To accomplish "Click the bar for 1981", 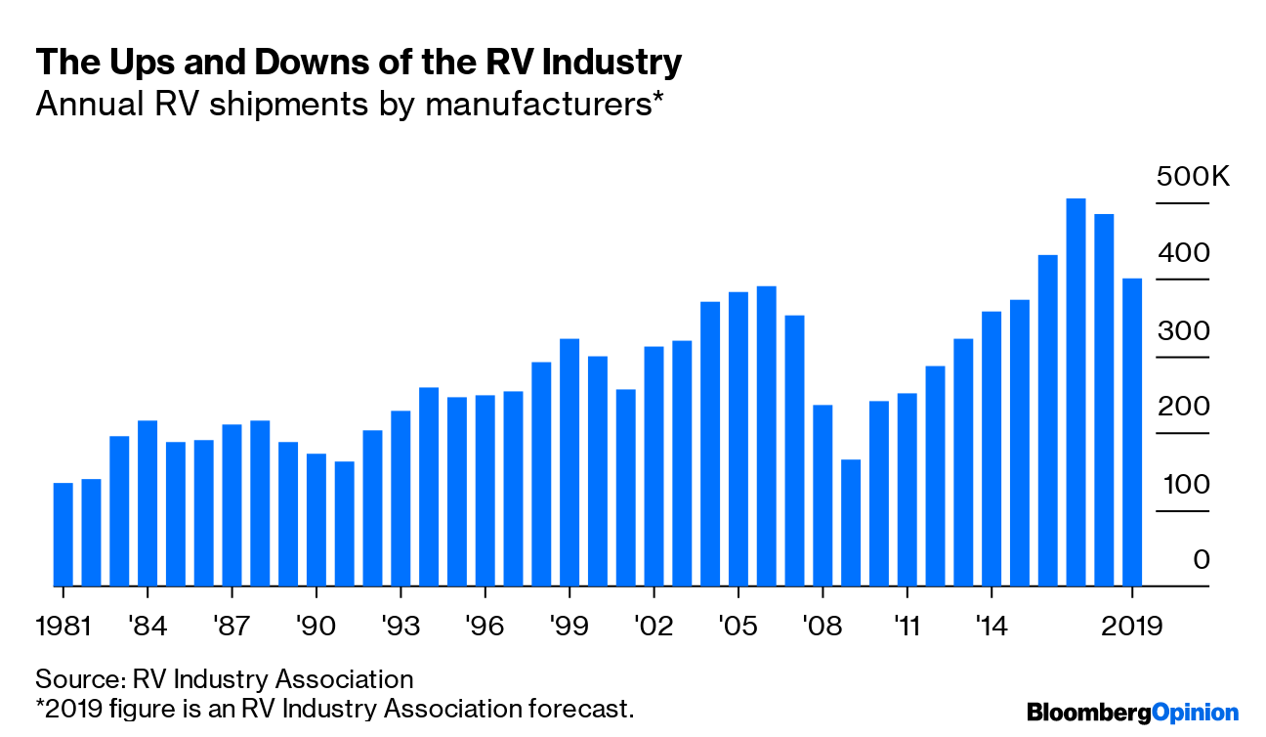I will pos(63,535).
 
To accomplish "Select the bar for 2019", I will pos(1132,433).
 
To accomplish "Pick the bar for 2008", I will pos(823,496).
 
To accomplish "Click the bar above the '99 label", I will pos(570,462).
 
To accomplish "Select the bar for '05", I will pos(738,439).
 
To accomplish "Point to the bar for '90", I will pos(316,520).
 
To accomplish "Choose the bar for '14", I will pos(992,449).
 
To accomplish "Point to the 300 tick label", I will pos(1183,330).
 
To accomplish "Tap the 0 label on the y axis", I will pos(1202,560).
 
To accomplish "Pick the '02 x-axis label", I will pos(654,625).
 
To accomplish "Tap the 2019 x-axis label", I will pos(1132,625).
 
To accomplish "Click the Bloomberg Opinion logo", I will pos(1132,713).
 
